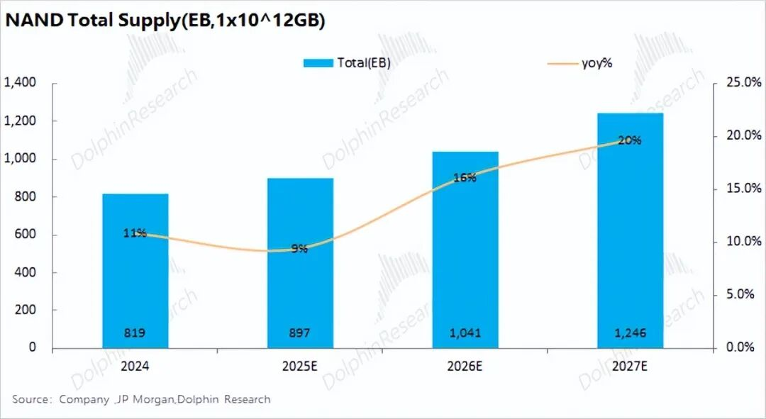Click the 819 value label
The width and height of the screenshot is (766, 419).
tap(135, 333)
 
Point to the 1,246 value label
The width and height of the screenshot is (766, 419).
tap(630, 333)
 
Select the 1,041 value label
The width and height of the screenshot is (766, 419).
tap(465, 333)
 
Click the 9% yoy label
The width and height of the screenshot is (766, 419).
tap(299, 249)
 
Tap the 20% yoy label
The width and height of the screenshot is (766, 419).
tap(630, 140)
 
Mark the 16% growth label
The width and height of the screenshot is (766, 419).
tap(465, 178)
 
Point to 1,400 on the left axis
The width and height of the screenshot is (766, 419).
tap(21, 83)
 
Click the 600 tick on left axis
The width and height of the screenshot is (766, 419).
tap(26, 235)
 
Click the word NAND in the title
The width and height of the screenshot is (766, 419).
tap(33, 21)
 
